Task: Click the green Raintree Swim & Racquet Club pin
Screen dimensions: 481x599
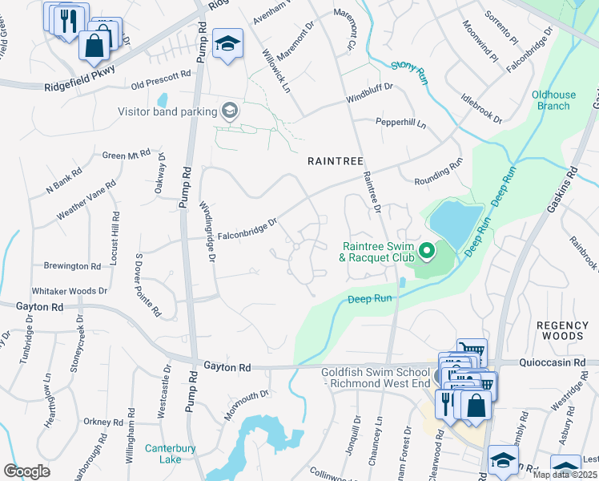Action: coord(426,252)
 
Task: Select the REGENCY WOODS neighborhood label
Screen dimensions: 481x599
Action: coord(561,330)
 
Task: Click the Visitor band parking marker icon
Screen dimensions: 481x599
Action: coord(230,111)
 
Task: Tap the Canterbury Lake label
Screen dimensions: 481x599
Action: coord(171,454)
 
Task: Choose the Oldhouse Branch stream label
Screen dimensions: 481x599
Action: coord(552,100)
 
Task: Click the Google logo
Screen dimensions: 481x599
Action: coord(26,471)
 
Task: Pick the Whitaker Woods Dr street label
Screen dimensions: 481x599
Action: coord(68,292)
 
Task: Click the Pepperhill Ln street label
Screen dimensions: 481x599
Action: coord(400,123)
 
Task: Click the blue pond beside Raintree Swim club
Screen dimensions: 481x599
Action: coord(456,224)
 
